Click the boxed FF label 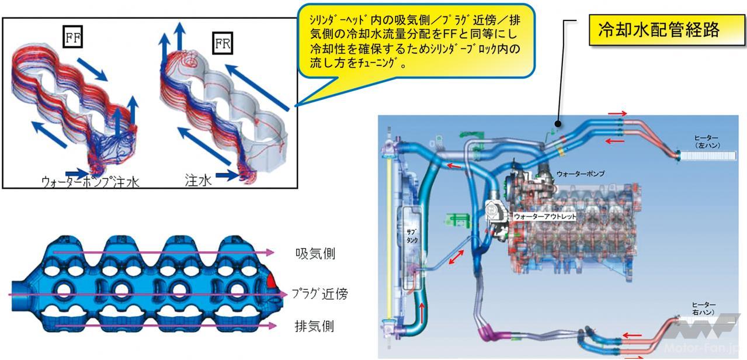point(72,38)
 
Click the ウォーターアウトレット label point(545,216)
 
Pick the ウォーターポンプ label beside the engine point(580,174)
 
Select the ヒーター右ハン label point(704,309)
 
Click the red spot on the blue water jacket point(272,282)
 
